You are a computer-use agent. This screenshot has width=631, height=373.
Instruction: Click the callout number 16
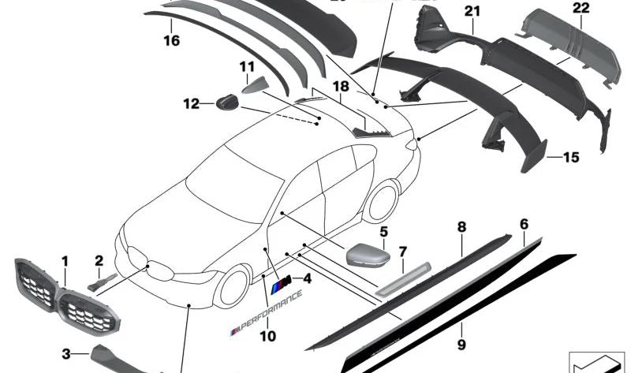172,38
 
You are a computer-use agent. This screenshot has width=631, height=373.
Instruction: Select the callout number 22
581,8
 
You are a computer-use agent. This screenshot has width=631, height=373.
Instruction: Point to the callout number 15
570,158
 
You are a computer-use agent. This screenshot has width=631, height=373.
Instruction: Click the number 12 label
192,103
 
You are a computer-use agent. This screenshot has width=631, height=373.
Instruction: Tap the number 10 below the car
267,335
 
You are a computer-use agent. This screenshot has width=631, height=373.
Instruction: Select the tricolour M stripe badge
281,285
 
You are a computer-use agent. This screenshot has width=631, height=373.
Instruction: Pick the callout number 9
461,345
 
